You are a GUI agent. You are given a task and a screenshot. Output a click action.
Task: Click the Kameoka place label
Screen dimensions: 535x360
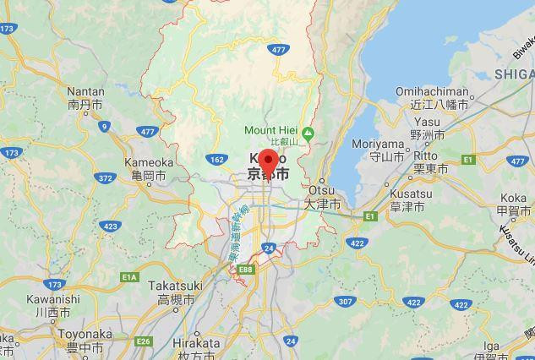(149, 168)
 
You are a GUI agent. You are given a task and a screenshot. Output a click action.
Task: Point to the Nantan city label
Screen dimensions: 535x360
(85, 98)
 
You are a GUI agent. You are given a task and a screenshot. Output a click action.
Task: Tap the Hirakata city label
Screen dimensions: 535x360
(196, 349)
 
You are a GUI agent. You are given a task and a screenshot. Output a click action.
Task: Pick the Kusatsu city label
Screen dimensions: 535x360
(411, 199)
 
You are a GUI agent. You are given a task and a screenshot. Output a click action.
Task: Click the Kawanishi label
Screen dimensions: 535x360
(52, 305)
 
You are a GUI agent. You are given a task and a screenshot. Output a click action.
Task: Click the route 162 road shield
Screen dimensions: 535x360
(216, 159)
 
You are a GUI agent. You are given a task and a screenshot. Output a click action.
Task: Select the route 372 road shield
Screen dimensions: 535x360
(106, 178)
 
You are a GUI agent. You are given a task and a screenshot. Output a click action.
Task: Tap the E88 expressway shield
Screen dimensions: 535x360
(246, 270)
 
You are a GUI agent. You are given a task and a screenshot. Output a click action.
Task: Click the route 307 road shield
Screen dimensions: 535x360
(345, 302)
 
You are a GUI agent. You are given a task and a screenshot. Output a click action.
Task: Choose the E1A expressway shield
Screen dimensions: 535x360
(128, 276)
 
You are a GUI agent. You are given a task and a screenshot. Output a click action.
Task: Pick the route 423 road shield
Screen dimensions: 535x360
(110, 226)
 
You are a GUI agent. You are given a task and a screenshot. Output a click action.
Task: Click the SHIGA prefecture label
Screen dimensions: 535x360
(514, 74)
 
